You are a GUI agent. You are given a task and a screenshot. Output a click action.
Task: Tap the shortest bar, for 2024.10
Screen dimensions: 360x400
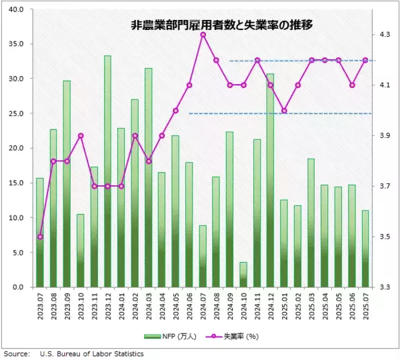(243, 275)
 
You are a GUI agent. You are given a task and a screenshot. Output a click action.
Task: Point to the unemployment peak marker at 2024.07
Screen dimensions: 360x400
(203, 35)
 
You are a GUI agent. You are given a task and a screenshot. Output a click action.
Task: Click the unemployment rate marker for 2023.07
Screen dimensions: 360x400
(40, 237)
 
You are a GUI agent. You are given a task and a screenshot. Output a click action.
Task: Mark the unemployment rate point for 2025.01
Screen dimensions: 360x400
(284, 111)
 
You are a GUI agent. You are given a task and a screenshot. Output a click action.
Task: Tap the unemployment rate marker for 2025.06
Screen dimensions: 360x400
(352, 85)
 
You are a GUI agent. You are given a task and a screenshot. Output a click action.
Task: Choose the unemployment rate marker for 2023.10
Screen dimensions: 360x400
(81, 135)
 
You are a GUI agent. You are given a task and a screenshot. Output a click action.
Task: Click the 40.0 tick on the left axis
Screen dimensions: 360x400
(17, 9)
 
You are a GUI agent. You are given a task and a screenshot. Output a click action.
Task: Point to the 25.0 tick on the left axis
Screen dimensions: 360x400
(17, 113)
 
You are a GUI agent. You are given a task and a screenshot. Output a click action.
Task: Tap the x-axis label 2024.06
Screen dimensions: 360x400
(189, 308)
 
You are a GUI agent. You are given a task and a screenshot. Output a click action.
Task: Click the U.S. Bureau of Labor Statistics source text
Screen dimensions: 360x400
(91, 354)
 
